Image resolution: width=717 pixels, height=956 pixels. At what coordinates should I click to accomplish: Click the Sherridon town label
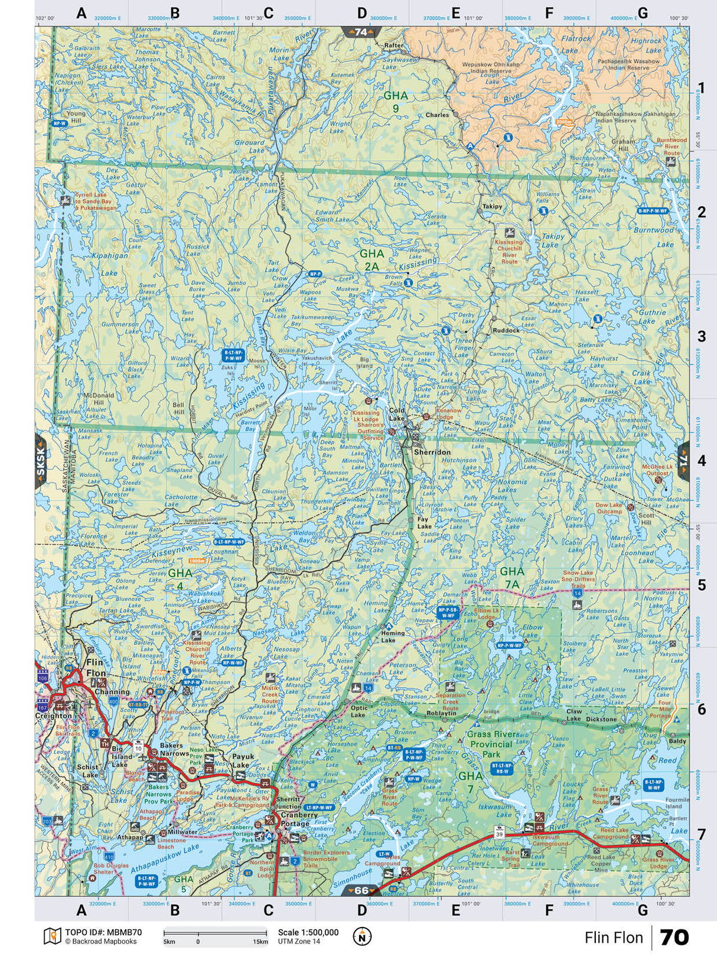tap(432, 452)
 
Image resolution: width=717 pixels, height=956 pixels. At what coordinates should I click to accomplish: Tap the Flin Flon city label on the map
tap(95, 668)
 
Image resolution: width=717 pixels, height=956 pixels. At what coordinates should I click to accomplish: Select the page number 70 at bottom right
tap(674, 938)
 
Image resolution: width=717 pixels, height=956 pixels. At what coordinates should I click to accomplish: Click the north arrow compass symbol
tap(362, 937)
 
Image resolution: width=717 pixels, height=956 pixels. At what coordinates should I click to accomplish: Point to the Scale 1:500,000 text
tap(308, 932)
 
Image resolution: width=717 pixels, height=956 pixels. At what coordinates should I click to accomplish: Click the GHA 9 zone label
tap(395, 102)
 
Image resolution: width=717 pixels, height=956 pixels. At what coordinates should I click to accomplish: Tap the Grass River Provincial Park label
tap(491, 744)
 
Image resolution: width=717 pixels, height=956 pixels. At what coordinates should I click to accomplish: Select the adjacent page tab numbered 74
tap(361, 32)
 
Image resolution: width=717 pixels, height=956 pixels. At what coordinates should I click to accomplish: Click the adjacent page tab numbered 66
tap(361, 890)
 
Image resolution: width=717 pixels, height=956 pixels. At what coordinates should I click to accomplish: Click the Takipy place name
tap(492, 207)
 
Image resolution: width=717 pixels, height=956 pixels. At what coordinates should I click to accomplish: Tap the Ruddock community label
tap(506, 331)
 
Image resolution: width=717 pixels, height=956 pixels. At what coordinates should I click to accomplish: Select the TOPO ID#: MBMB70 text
tap(103, 932)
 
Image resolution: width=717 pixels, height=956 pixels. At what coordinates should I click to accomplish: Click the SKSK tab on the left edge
tap(41, 461)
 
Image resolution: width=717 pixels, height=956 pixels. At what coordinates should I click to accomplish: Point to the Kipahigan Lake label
tap(109, 264)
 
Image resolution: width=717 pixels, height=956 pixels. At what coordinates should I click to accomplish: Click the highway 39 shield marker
tap(500, 834)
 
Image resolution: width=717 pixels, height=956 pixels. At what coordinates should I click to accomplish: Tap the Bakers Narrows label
tap(171, 750)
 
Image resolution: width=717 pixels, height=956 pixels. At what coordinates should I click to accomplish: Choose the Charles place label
tap(438, 115)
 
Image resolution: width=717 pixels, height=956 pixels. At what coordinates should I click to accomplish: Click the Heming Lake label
tap(393, 636)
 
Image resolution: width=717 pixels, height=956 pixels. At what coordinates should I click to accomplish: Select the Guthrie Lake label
tap(651, 317)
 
